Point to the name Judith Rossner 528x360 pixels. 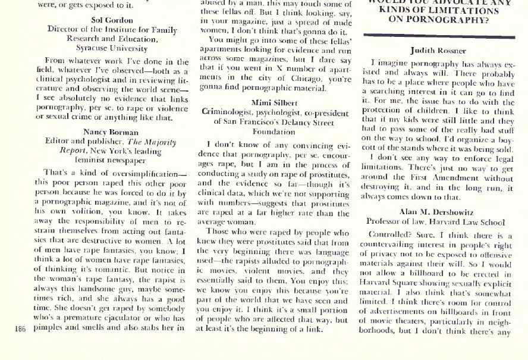438,51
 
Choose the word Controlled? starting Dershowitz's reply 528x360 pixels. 389,234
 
